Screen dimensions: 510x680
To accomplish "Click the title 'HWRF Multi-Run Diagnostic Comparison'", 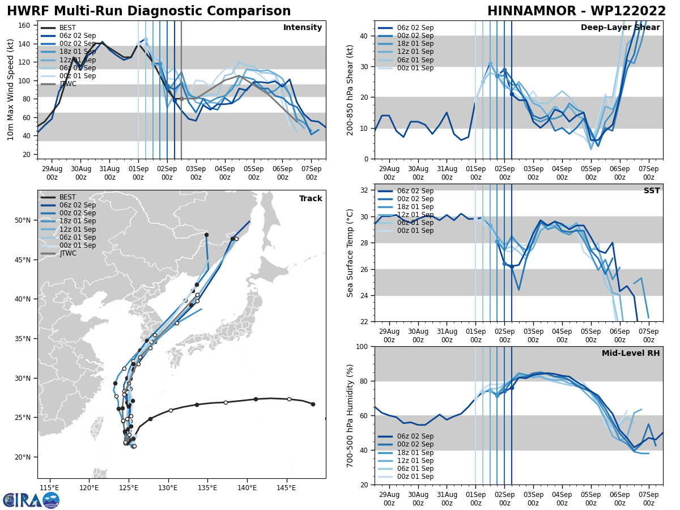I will point(148,11).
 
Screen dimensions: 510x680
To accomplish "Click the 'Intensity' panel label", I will point(302,28).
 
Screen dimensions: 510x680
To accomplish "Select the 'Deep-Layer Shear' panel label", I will point(620,28).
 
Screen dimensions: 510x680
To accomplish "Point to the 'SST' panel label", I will point(651,191).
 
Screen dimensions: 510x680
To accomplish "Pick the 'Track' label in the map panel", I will point(311,199).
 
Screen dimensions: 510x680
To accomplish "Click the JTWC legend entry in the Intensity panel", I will point(68,84).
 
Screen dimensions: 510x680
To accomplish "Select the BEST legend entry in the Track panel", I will point(68,197).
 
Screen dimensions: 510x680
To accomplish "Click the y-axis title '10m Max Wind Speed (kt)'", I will point(10,90).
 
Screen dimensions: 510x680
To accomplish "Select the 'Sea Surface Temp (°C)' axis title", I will point(350,253).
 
